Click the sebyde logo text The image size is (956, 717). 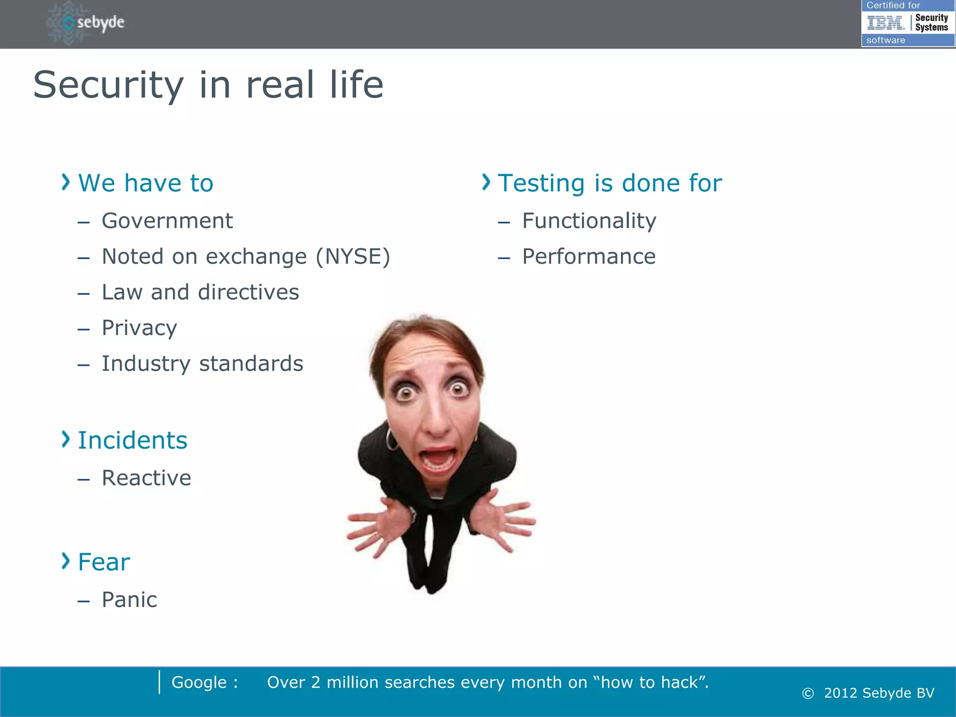(x=100, y=22)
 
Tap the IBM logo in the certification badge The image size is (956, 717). (x=885, y=23)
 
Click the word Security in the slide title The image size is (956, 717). (x=108, y=85)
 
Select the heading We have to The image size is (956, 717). (x=146, y=183)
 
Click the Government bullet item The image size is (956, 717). (x=167, y=221)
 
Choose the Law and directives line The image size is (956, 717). (x=200, y=293)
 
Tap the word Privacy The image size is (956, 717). (x=139, y=328)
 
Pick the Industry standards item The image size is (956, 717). (x=202, y=364)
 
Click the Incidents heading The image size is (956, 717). (x=133, y=441)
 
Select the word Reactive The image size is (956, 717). (x=146, y=478)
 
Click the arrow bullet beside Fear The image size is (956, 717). (x=65, y=561)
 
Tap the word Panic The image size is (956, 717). (x=129, y=600)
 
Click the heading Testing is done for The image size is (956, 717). (x=609, y=183)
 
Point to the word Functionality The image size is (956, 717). (x=589, y=221)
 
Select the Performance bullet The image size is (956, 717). (x=588, y=257)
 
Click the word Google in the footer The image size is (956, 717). (x=199, y=682)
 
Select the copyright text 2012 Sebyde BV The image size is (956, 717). (x=879, y=693)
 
